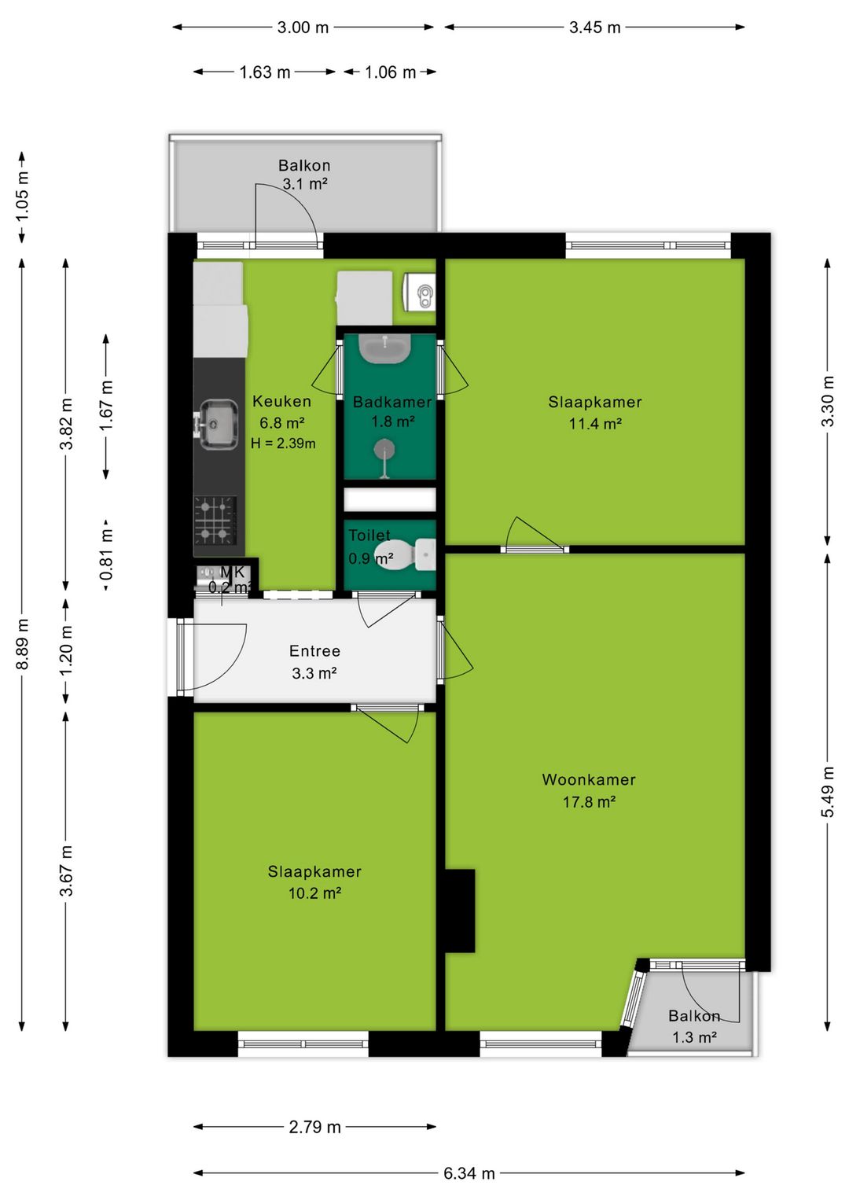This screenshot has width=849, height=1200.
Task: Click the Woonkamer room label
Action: click(x=588, y=779)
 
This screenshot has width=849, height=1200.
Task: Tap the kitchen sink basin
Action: click(x=219, y=425)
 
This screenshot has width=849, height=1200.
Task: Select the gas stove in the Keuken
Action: click(x=215, y=520)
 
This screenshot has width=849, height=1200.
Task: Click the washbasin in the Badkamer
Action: click(x=384, y=348)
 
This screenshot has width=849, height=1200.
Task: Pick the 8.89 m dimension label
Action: click(x=23, y=644)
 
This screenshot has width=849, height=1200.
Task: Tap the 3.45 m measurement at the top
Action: click(x=594, y=28)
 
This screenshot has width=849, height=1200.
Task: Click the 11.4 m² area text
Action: click(x=594, y=424)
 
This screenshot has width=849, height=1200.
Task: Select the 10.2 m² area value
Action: click(x=315, y=893)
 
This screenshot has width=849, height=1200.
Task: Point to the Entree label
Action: click(x=314, y=651)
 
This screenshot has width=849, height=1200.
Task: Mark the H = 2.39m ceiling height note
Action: click(x=283, y=443)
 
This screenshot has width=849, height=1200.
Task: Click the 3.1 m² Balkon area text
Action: click(x=305, y=184)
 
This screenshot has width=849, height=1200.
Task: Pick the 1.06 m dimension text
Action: click(x=390, y=72)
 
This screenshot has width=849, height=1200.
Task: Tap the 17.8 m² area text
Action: click(x=589, y=802)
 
